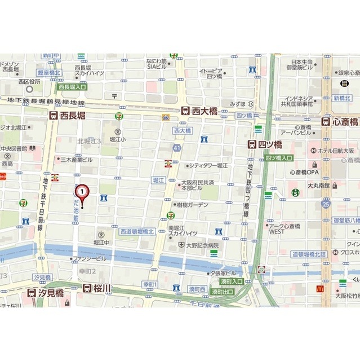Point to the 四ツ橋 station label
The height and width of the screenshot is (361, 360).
265,144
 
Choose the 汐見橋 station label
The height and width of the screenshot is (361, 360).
48,292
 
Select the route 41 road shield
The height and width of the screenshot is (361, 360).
177,148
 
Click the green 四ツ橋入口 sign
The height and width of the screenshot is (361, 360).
279,158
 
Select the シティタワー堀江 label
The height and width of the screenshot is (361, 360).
207,165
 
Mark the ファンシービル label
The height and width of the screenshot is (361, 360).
89,258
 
